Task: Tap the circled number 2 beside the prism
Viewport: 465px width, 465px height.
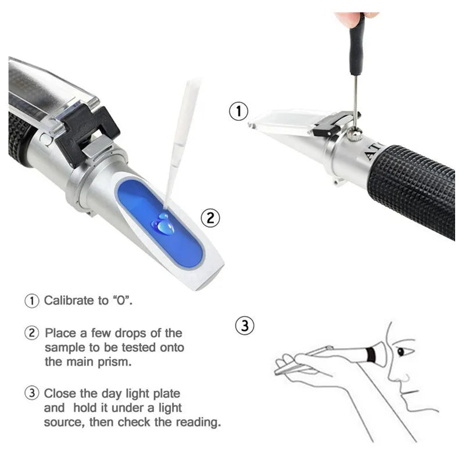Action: (210, 218)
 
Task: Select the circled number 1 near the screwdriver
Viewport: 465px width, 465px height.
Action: (239, 111)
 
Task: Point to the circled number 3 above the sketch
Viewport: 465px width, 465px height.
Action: (245, 325)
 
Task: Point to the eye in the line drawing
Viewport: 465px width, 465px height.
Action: (401, 352)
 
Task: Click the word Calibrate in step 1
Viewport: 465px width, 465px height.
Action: (69, 301)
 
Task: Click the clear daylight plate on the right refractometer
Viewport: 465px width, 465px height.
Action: (285, 123)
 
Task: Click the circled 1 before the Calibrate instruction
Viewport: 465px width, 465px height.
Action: (31, 301)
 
